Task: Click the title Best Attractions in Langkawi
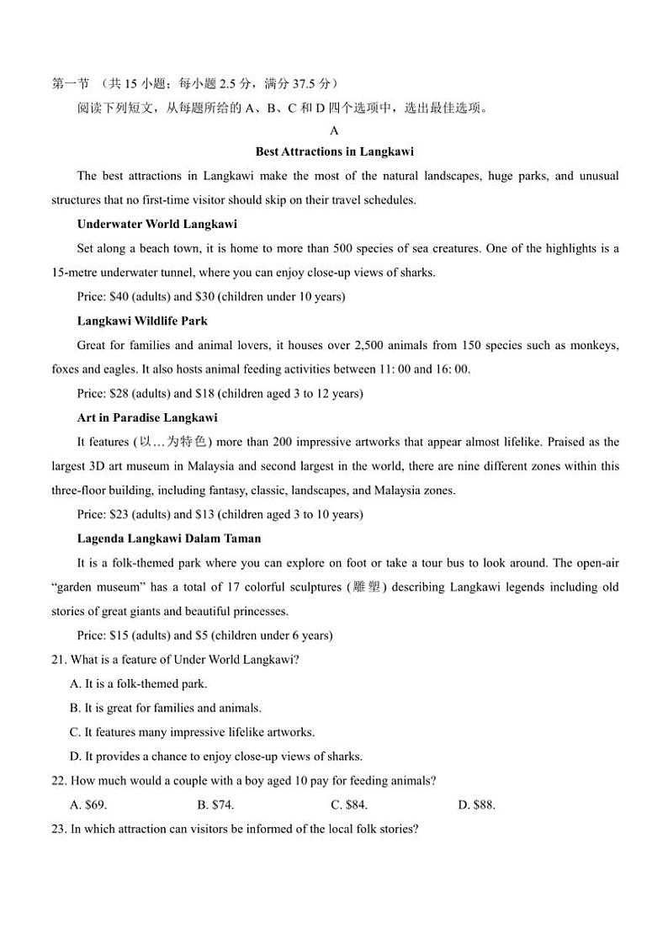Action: point(334,152)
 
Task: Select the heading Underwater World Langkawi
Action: point(156,225)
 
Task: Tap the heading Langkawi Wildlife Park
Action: point(142,321)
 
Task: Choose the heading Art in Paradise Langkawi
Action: point(147,418)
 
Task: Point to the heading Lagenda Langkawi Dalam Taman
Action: point(168,539)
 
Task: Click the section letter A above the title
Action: point(334,131)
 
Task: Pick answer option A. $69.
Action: point(88,805)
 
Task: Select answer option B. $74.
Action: point(215,805)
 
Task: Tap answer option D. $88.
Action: point(476,805)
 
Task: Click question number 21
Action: point(59,661)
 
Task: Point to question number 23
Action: point(59,830)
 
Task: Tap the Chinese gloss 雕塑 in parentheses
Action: point(367,587)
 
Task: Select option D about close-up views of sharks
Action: point(216,757)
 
